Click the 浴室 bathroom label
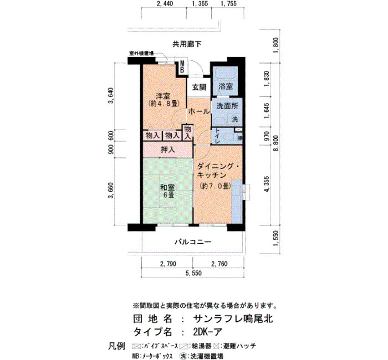pyautogui.click(x=226, y=87)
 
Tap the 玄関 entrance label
pyautogui.click(x=199, y=88)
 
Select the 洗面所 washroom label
pyautogui.click(x=227, y=106)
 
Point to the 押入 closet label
pyautogui.click(x=168, y=150)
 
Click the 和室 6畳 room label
pyautogui.click(x=168, y=191)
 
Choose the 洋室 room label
pyautogui.click(x=164, y=99)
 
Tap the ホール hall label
pyautogui.click(x=198, y=111)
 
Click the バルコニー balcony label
pyautogui.click(x=193, y=241)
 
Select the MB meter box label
pyautogui.click(x=182, y=67)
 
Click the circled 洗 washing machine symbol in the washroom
pyautogui.click(x=234, y=119)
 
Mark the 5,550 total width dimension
pyautogui.click(x=193, y=273)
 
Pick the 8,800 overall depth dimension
pyautogui.click(x=277, y=143)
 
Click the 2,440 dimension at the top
pyautogui.click(x=165, y=3)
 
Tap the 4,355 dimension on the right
pyautogui.click(x=267, y=184)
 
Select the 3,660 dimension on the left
pyautogui.click(x=111, y=191)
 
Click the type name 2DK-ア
pyautogui.click(x=208, y=332)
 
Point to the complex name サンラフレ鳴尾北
pyautogui.click(x=233, y=318)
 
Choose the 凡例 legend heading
pyautogui.click(x=116, y=346)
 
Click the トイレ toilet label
pyautogui.click(x=218, y=136)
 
